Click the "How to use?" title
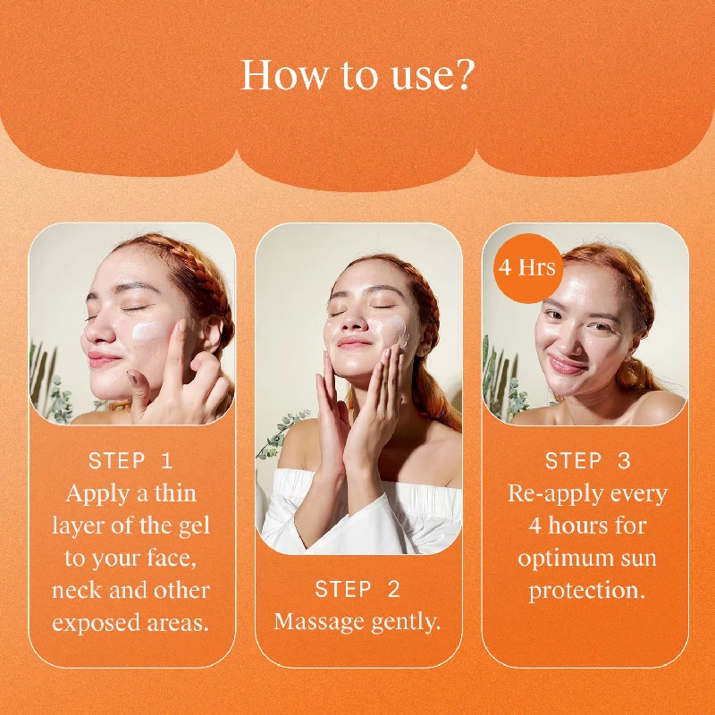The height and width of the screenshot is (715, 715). tap(357, 76)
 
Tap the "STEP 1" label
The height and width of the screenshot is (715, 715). tap(130, 461)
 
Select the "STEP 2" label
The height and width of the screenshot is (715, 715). tap(357, 589)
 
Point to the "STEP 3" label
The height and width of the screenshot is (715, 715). tap(587, 461)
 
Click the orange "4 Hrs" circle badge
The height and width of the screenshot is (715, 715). tap(527, 267)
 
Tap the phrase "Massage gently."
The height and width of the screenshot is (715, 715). tap(357, 622)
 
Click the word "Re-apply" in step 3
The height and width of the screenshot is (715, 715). tap(546, 493)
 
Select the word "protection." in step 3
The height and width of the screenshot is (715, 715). tap(587, 591)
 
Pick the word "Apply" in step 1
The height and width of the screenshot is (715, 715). tap(94, 493)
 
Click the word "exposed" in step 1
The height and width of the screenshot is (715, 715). tap(90, 623)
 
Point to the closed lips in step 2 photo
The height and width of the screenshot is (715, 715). tap(355, 343)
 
